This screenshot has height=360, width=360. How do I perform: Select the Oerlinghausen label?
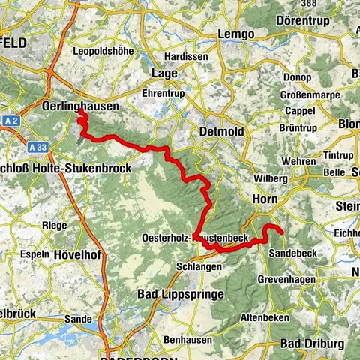pyautogui.click(x=82, y=106)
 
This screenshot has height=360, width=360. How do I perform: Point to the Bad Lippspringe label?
pyautogui.click(x=181, y=295)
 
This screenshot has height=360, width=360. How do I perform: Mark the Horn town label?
pyautogui.click(x=265, y=200)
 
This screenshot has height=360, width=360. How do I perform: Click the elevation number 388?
pyautogui.click(x=308, y=4)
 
